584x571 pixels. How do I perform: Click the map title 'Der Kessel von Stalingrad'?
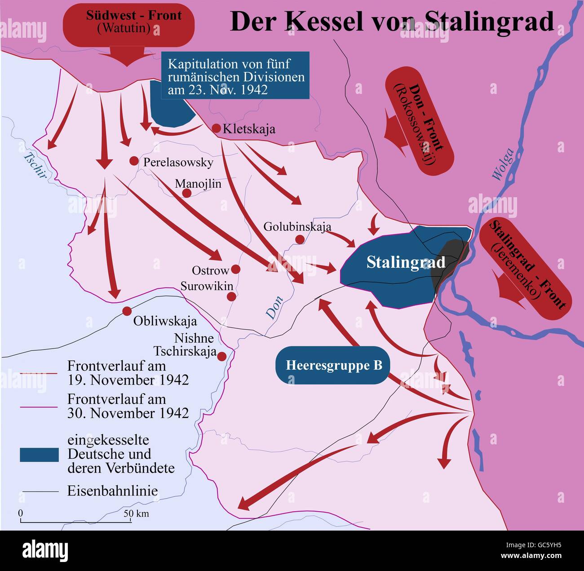coord(392,21)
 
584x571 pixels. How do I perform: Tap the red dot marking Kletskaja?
coord(216,128)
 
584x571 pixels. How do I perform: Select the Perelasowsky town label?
coord(178,162)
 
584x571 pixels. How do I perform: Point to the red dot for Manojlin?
coord(187,193)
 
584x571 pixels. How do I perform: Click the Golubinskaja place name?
coord(297,227)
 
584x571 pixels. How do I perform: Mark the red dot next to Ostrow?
coord(235,270)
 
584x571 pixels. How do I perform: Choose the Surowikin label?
coord(207,286)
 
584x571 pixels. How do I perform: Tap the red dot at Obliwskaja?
coord(127,311)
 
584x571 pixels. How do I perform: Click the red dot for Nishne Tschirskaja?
coord(221,356)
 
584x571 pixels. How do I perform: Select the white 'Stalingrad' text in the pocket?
coord(406,262)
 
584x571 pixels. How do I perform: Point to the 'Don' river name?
coord(275,307)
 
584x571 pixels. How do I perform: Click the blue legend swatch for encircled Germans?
coord(39,455)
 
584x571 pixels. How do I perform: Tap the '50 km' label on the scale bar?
coord(137,513)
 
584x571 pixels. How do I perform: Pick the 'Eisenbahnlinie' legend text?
coord(112,491)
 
